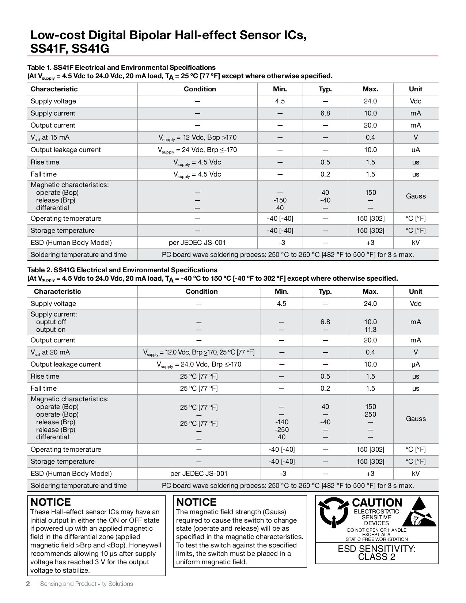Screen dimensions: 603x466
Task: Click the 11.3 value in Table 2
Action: click(370, 330)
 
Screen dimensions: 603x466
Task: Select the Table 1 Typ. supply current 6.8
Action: click(325, 113)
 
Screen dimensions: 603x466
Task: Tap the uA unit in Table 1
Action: click(416, 150)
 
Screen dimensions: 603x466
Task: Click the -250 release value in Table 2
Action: click(281, 430)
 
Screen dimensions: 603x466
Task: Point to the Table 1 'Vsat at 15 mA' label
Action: click(50, 138)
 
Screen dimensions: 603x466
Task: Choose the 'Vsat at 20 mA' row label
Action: click(50, 352)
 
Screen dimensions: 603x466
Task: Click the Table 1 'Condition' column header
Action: click(200, 89)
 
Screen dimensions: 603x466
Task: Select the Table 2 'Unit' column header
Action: click(416, 292)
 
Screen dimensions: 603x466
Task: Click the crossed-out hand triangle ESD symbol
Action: click(420, 512)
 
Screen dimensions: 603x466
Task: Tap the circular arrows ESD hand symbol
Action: click(333, 512)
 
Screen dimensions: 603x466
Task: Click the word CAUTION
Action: click(377, 503)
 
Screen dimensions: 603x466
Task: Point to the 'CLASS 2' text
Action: click(376, 557)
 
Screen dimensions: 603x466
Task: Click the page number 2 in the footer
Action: click(28, 584)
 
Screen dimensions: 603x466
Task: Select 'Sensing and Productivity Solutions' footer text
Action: click(86, 584)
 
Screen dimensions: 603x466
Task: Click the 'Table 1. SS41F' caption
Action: click(121, 68)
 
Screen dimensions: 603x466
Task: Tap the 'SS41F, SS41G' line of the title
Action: click(69, 49)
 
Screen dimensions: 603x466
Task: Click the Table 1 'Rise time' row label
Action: click(45, 162)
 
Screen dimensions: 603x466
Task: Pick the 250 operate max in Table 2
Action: click(370, 414)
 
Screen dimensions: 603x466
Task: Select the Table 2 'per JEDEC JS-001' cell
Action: click(199, 474)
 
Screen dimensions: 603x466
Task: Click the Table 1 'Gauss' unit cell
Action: click(416, 196)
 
